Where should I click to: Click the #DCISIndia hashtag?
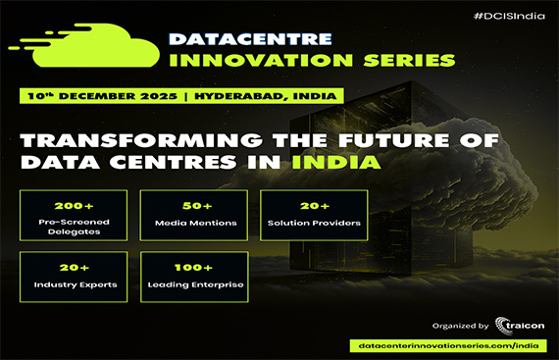pos(507,19)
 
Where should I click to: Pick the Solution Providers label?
pos(313,224)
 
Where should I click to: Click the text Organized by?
pos(459,326)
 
